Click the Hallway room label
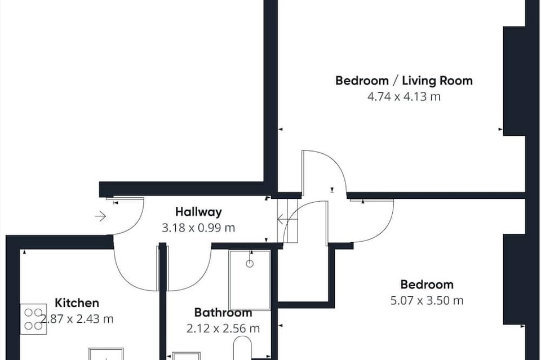tap(198, 212)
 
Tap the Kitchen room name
tap(77, 303)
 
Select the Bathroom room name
tap(223, 313)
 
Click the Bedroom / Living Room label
tap(404, 81)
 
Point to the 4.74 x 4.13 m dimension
tap(404, 96)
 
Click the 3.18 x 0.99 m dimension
tap(198, 228)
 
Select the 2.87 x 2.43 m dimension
tap(77, 319)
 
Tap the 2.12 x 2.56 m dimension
tap(223, 328)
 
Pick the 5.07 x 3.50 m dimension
tap(427, 300)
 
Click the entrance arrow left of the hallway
tap(100, 216)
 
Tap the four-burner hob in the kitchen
tap(33, 319)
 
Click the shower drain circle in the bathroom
tap(250, 264)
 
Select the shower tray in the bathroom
tap(250, 280)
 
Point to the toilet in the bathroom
tap(242, 348)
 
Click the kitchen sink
tap(107, 354)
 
